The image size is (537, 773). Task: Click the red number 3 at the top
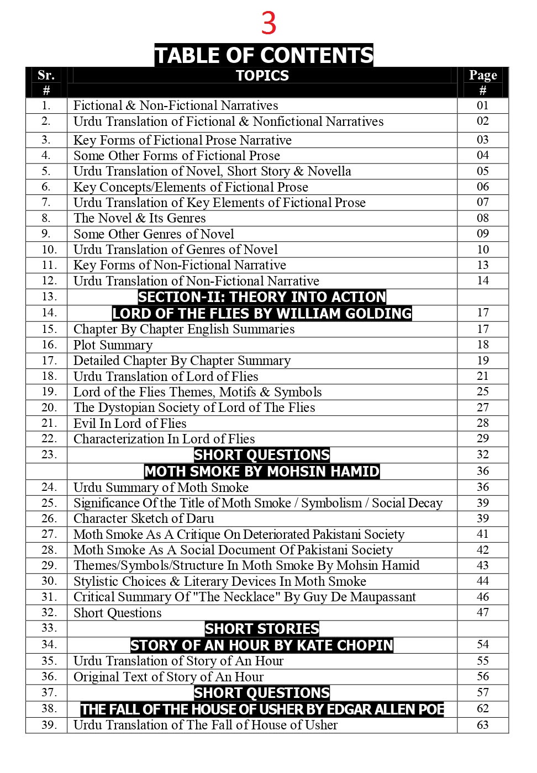[x=268, y=24]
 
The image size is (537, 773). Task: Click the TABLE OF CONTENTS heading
[x=264, y=55]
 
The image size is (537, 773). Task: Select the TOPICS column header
[x=262, y=76]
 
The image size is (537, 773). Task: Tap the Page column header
[x=482, y=76]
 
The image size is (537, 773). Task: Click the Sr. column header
[x=46, y=76]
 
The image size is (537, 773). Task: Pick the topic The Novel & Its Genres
[x=139, y=218]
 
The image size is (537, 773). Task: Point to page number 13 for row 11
[x=482, y=265]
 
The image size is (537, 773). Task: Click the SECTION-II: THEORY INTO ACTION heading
[x=262, y=297]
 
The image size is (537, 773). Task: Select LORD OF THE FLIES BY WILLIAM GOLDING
[x=262, y=314]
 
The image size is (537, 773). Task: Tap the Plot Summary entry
[x=113, y=345]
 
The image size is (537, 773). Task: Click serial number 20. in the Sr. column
[x=49, y=407]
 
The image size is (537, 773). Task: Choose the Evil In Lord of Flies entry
[x=130, y=423]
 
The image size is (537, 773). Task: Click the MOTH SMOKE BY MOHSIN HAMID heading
[x=262, y=472]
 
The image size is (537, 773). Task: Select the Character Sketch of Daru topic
[x=144, y=518]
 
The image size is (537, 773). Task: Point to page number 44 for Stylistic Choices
[x=482, y=581]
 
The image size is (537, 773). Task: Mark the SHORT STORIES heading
[x=262, y=629]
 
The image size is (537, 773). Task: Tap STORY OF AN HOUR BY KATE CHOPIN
[x=262, y=645]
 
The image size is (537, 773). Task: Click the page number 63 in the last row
[x=482, y=724]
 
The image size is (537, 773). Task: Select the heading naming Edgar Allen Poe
[x=262, y=709]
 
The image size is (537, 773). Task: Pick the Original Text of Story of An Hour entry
[x=169, y=677]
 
